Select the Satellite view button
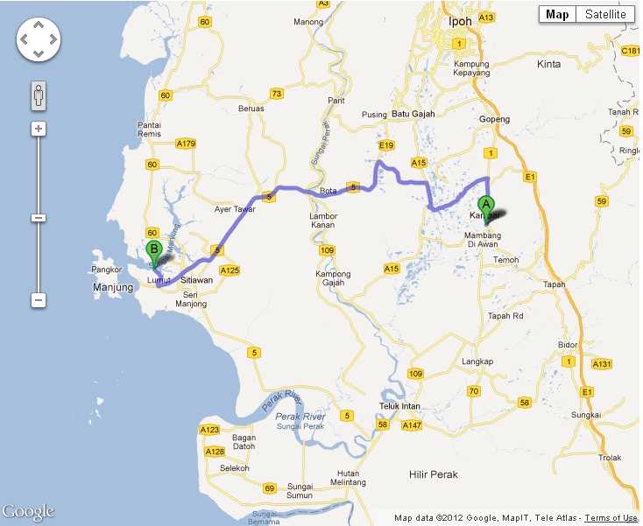tap(604, 14)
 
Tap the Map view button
tap(557, 14)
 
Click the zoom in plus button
tap(38, 129)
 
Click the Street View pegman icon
tap(38, 95)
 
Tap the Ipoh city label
tap(459, 21)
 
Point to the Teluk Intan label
tap(400, 405)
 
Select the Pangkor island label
tap(106, 270)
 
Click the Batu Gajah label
tap(412, 114)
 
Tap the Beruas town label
tap(251, 109)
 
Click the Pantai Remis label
tap(150, 130)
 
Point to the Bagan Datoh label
tap(244, 443)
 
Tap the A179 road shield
tap(186, 143)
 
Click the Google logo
tap(28, 511)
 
